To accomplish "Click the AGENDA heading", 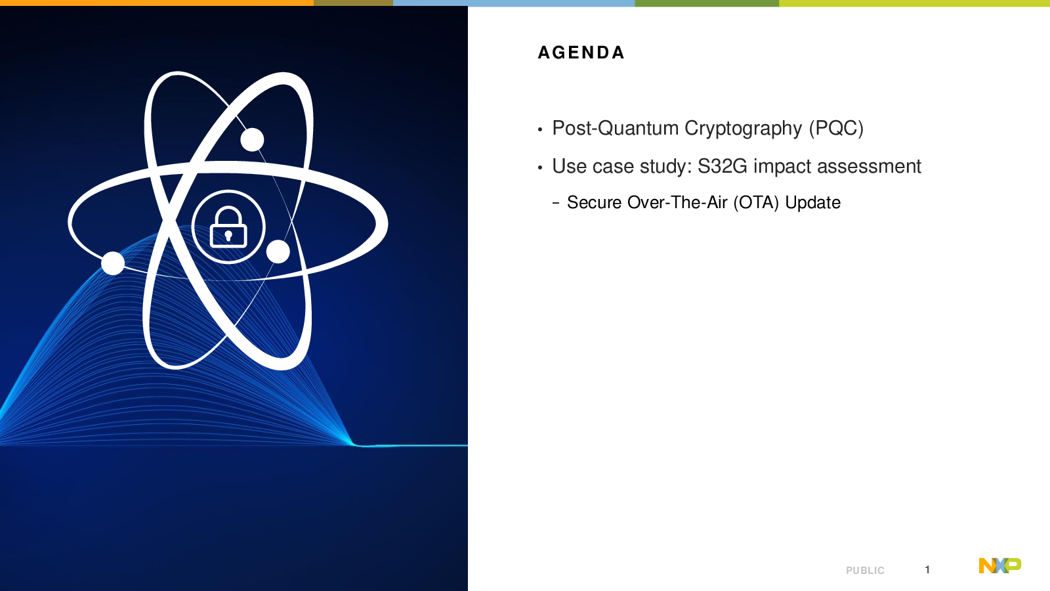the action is [x=581, y=53].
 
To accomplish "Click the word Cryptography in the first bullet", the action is [x=743, y=128].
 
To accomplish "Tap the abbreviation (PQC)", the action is [x=836, y=128].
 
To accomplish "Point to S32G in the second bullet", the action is [x=723, y=166].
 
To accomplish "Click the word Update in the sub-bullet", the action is [x=813, y=203].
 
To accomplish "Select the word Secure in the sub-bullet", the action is [x=594, y=203].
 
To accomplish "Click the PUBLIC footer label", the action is [x=866, y=571].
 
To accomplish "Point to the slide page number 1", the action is [x=927, y=569].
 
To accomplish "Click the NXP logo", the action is [x=1000, y=565].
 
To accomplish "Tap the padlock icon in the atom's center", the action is [x=228, y=227].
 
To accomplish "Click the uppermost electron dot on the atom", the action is [x=252, y=139].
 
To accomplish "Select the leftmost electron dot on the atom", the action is [x=113, y=263].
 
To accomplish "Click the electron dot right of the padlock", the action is [x=278, y=252].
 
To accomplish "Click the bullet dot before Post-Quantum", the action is [x=540, y=129].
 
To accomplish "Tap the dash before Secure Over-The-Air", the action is [x=556, y=203].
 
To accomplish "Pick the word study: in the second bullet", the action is [x=666, y=167].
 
